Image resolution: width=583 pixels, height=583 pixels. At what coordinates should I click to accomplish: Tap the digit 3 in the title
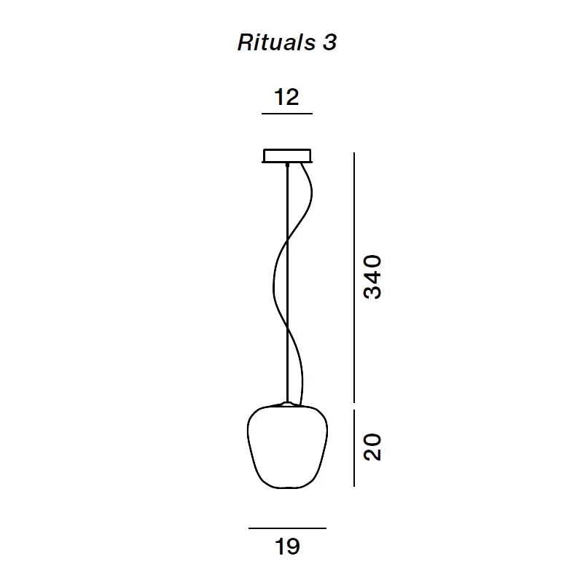pos(329,43)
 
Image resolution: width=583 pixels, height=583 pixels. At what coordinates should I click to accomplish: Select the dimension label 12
pos(286,97)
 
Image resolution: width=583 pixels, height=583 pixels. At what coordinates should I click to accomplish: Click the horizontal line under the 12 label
pos(286,114)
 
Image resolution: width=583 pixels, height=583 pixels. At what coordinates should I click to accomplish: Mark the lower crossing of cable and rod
pos(287,328)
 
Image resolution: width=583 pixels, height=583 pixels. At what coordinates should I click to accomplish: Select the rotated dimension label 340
pos(372,276)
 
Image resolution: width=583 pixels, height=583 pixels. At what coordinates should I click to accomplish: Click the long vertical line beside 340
pos(354,277)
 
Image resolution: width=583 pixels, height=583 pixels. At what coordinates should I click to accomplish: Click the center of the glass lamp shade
pos(287,446)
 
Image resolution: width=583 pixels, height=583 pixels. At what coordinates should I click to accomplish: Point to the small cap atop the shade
pos(287,403)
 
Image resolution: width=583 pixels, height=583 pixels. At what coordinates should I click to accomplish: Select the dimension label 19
pos(287,546)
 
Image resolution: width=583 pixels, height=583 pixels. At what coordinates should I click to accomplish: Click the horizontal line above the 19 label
pos(287,528)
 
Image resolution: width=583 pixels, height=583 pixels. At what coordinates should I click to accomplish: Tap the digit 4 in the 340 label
pos(372,276)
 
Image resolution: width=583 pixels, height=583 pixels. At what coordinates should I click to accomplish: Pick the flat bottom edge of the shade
pos(287,487)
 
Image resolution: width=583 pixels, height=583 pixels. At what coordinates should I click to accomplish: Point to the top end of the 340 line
pos(354,154)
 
